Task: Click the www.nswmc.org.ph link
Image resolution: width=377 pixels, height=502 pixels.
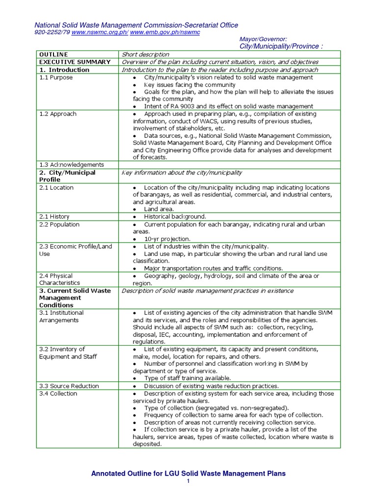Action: (100, 32)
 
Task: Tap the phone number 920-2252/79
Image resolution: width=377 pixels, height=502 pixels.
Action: (52, 32)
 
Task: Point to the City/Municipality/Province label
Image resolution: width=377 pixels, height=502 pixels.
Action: (281, 46)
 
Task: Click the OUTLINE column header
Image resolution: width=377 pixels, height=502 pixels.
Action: (54, 54)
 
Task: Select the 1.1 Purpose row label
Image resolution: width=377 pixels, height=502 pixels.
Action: (55, 77)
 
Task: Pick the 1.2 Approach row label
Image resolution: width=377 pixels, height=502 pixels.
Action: (57, 114)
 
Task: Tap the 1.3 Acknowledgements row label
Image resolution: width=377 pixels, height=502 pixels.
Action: (71, 165)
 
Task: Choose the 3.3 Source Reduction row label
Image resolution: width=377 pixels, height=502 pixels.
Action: (69, 386)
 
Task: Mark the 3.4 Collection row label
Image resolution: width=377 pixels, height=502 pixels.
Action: (58, 394)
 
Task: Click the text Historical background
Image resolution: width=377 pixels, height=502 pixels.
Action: (175, 217)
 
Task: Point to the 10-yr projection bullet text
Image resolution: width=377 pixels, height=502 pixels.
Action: (167, 239)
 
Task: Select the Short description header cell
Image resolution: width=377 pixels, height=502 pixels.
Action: (145, 54)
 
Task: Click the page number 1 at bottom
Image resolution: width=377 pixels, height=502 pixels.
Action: (188, 481)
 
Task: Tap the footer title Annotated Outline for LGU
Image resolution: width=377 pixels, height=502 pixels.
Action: (188, 474)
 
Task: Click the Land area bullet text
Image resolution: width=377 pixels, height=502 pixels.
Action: (159, 209)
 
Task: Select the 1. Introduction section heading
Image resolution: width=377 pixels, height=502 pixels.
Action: (64, 70)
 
